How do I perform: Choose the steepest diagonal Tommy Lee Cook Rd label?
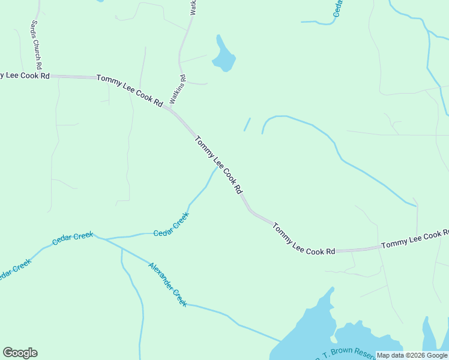coord(218,164)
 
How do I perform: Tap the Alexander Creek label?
coord(168,284)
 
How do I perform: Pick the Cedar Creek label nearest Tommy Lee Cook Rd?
coord(171,224)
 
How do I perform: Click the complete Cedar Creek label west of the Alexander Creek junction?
coord(73,238)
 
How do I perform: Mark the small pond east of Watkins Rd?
coord(223,55)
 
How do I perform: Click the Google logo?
coord(20,353)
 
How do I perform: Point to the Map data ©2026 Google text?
coord(412,355)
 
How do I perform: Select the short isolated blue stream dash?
coord(247,124)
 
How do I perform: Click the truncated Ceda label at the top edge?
coord(337,8)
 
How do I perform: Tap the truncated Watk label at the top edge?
coord(193,7)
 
